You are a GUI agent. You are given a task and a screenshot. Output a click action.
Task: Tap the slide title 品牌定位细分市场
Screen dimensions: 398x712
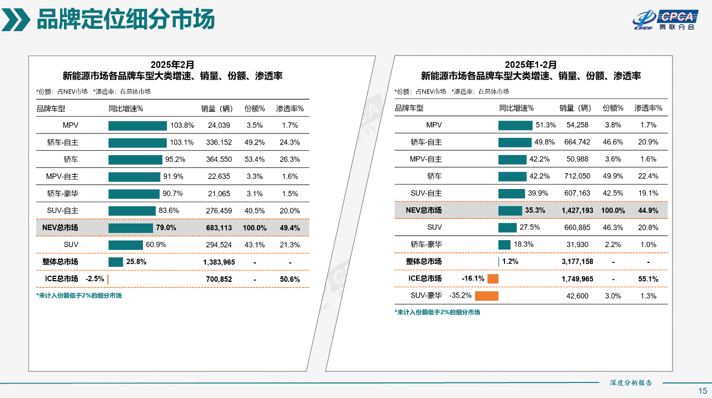click(x=125, y=20)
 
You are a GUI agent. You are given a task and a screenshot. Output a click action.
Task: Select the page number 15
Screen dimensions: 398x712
click(x=703, y=390)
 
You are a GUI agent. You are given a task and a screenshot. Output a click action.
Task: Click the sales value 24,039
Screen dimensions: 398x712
click(x=219, y=126)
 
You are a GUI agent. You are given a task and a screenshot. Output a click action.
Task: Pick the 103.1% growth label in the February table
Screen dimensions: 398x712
click(x=182, y=143)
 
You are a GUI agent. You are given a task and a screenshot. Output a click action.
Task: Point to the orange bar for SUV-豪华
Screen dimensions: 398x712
click(x=486, y=296)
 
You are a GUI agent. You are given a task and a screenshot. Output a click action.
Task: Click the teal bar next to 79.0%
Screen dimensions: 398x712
click(x=130, y=228)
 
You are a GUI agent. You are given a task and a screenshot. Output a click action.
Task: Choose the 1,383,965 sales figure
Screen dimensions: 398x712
click(x=219, y=262)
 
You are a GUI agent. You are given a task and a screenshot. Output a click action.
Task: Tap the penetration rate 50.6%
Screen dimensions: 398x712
click(x=290, y=279)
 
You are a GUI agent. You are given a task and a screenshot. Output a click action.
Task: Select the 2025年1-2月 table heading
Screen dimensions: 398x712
click(x=531, y=65)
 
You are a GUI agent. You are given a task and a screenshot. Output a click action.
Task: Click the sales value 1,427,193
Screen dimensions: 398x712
click(x=577, y=211)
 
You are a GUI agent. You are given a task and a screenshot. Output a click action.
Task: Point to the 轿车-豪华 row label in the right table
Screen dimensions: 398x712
click(x=426, y=245)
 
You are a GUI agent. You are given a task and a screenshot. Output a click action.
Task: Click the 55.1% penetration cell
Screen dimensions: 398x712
click(x=649, y=279)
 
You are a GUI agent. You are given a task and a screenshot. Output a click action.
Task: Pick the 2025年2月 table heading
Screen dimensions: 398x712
click(x=172, y=65)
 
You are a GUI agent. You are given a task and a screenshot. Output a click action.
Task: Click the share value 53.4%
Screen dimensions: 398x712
click(x=255, y=160)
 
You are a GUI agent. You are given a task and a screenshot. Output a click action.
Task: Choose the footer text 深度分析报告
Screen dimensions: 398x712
click(x=631, y=383)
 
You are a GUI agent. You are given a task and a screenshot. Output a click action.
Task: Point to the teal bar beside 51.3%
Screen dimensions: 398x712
click(x=515, y=126)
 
